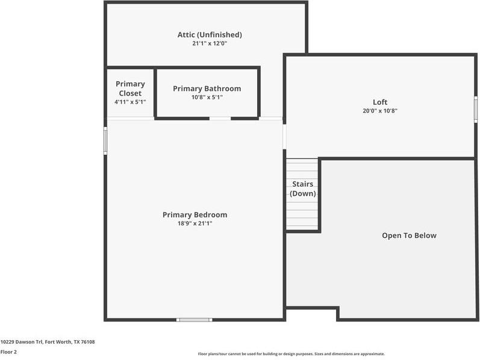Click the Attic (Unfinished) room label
[210, 35]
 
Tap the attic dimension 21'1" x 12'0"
[210, 43]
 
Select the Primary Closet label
[130, 88]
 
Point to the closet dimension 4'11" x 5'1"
[130, 102]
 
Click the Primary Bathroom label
[207, 88]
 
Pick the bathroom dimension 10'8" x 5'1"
[207, 97]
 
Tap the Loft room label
[380, 102]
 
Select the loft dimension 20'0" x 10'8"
[380, 111]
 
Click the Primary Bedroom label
[195, 215]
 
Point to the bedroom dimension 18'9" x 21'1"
[195, 223]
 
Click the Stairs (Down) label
[302, 188]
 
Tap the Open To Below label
[409, 235]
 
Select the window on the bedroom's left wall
[105, 141]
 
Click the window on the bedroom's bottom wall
[194, 320]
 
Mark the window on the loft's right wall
[475, 110]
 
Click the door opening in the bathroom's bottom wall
[220, 119]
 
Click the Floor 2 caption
[8, 352]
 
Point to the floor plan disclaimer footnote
[291, 354]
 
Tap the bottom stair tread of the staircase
[302, 227]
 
